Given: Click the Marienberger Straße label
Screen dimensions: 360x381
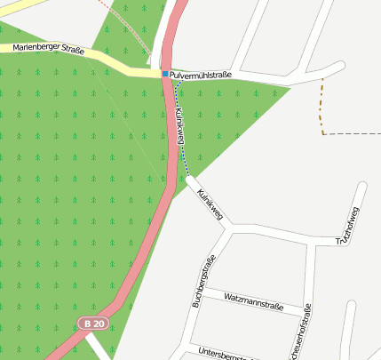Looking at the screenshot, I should coord(49,49).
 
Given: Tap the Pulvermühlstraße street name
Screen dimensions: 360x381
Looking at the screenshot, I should coord(202,76).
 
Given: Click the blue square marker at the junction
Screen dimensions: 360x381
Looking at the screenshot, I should coord(165,74).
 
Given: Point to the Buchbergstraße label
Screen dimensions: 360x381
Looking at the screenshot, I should coord(203,282).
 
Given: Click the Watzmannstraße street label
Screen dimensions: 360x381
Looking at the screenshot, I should coord(253,300).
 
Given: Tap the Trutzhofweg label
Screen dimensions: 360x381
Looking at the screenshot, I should coord(347,226).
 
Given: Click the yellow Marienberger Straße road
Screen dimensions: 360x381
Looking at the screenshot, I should coord(115,65).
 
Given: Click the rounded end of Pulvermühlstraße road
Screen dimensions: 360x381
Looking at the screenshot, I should coord(338,67).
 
